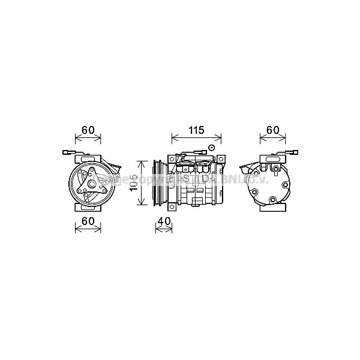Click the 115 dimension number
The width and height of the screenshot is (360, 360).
click(x=197, y=130)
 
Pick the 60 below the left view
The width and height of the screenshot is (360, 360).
click(x=88, y=221)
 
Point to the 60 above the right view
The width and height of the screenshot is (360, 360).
click(x=272, y=130)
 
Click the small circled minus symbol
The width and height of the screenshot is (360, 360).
click(x=211, y=148)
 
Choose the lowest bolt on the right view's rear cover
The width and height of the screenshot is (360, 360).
click(x=272, y=201)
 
